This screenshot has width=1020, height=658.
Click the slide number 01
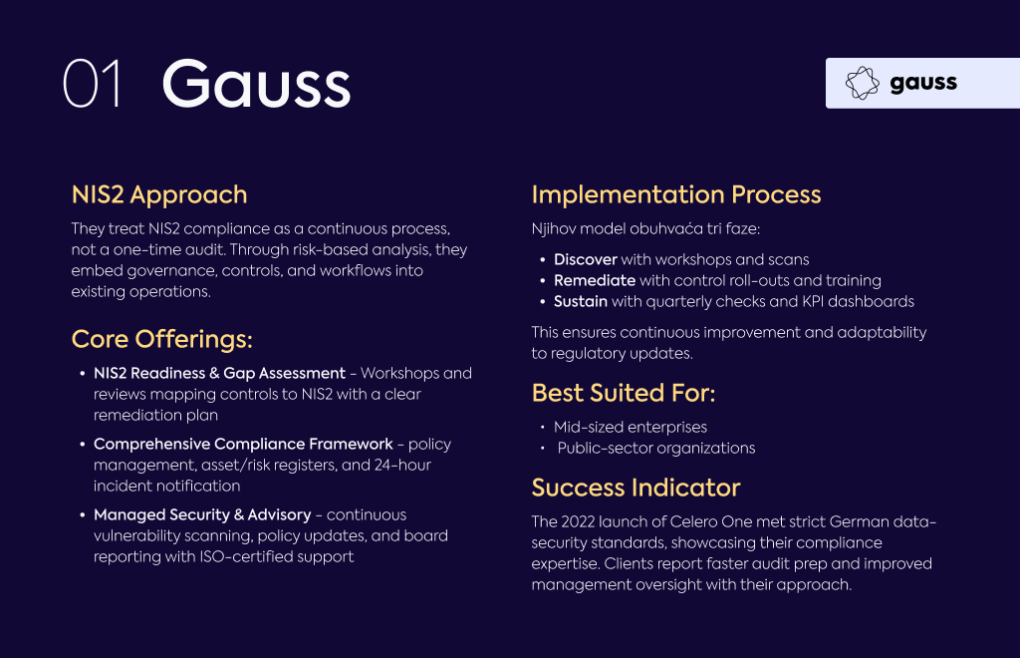click(x=92, y=84)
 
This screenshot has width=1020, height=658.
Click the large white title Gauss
click(x=256, y=84)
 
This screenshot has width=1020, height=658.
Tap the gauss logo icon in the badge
click(x=862, y=83)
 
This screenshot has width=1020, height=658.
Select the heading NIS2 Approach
click(x=159, y=194)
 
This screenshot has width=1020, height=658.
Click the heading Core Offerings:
click(x=162, y=338)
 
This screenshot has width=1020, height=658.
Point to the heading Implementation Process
click(x=676, y=194)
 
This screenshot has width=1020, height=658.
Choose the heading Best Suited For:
click(x=624, y=393)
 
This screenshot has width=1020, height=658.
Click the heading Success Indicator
click(x=636, y=488)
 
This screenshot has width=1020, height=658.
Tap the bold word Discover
click(x=586, y=259)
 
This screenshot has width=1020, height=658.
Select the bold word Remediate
click(x=595, y=280)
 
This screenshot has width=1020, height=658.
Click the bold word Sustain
click(x=581, y=301)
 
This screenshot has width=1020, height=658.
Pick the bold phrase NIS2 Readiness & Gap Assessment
click(x=219, y=373)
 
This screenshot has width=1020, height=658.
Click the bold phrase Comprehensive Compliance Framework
click(x=243, y=444)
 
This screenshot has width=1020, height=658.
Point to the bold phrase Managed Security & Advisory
click(x=202, y=514)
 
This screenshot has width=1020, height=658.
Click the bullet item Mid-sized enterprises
click(x=631, y=427)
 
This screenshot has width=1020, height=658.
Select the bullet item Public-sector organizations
click(x=656, y=448)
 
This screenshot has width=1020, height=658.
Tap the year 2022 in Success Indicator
click(x=578, y=522)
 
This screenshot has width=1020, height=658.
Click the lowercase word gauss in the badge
click(x=923, y=84)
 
